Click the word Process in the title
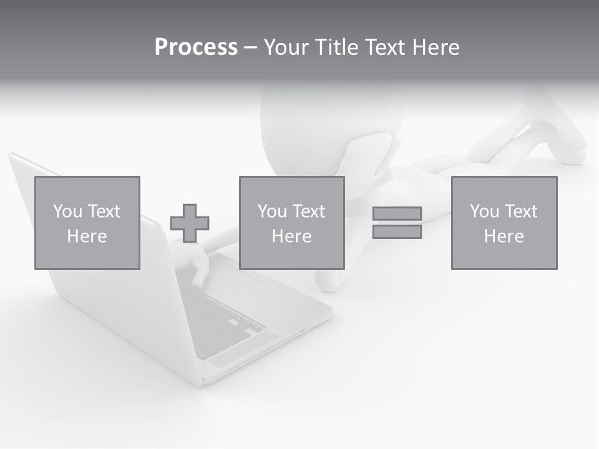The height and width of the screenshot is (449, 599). point(196,47)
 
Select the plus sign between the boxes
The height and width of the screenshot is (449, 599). point(190,223)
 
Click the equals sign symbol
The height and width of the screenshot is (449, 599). point(397,223)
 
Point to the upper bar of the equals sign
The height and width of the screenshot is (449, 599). point(397,214)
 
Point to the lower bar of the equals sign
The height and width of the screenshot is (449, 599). point(397,232)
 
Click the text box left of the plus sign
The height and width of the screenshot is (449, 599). point(87,223)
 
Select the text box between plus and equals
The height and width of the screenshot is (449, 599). point(292,223)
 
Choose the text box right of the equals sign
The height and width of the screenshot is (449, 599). point(504,223)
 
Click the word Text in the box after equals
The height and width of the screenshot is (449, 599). point(520,211)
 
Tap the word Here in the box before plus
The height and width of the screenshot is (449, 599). point(87,236)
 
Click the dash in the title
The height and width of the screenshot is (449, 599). point(250,47)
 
